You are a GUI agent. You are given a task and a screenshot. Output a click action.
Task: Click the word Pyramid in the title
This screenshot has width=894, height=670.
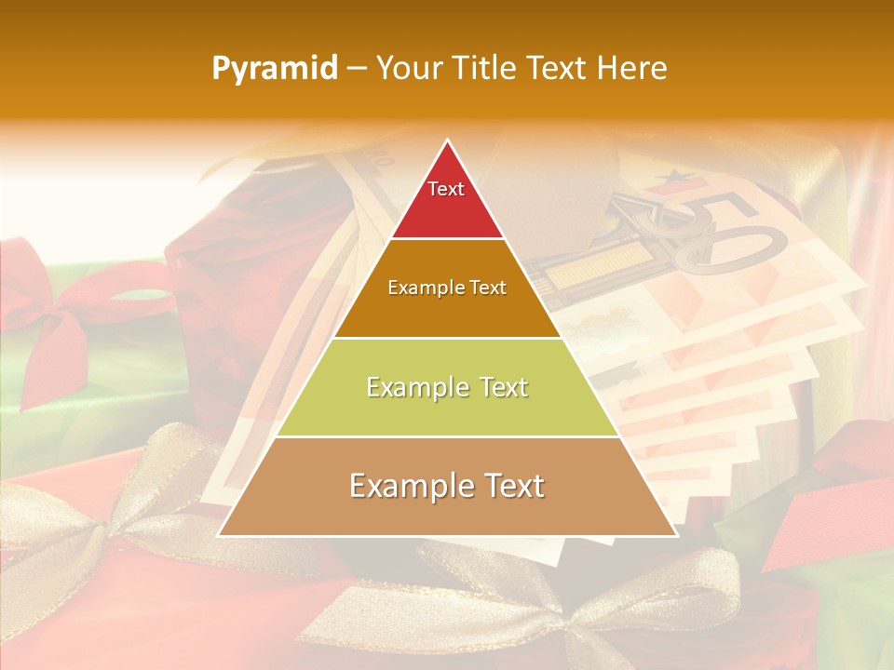[275, 69]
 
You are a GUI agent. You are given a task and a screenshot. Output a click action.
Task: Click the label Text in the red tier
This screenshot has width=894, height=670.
[446, 189]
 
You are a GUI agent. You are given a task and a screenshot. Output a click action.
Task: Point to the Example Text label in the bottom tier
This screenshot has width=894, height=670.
[447, 486]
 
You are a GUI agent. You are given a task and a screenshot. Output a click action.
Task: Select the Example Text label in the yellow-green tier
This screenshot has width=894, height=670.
[447, 387]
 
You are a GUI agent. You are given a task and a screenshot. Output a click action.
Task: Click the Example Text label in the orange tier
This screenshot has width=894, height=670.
[447, 288]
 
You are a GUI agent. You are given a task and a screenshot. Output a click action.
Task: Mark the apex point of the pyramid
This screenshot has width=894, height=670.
[448, 141]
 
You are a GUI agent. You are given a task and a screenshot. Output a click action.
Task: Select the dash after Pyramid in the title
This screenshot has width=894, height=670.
[357, 69]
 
